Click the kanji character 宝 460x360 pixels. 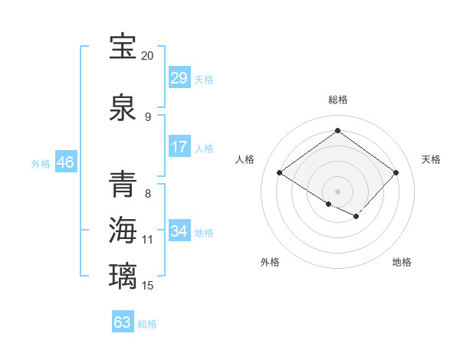123,47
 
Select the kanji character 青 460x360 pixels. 123,185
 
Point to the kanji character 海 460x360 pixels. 123,231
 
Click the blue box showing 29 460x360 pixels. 179,78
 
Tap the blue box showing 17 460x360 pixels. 179,147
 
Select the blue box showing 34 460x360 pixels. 179,231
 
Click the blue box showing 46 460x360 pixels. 65,162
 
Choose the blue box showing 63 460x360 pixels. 123,322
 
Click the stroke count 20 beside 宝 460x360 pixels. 147,56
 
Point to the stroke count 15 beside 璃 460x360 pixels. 148,286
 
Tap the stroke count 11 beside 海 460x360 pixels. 148,240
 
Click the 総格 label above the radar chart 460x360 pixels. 337,100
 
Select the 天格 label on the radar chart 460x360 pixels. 431,159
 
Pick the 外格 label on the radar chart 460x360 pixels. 270,262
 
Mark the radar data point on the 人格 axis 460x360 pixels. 280,173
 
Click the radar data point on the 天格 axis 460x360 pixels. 396,173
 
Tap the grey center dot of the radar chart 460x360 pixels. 337,191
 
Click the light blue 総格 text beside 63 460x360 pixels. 147,324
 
